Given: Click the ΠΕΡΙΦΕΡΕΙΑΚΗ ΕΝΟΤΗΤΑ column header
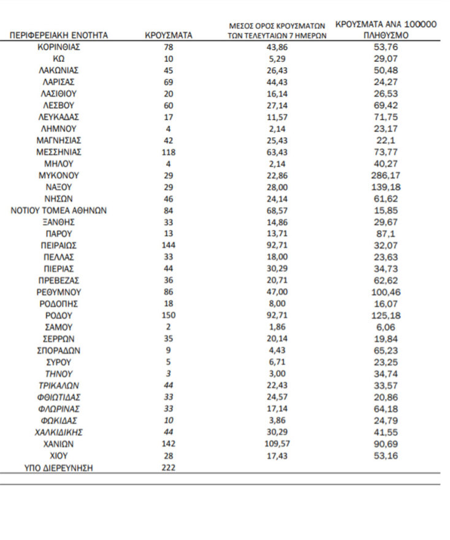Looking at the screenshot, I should pyautogui.click(x=59, y=36).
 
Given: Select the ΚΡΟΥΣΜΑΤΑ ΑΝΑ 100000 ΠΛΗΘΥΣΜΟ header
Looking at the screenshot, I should pyautogui.click(x=386, y=30).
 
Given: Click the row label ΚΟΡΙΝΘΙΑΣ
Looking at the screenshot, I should pyautogui.click(x=59, y=47).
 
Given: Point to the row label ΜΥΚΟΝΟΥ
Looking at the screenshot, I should pyautogui.click(x=59, y=176).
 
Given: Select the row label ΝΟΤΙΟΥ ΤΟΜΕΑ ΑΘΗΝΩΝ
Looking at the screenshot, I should pyautogui.click(x=59, y=211).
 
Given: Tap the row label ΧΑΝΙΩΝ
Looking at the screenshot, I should pyautogui.click(x=59, y=444).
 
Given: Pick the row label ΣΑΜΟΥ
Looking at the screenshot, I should pyautogui.click(x=59, y=328).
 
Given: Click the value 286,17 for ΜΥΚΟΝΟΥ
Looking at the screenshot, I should pyautogui.click(x=386, y=176).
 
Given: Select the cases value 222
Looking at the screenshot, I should pyautogui.click(x=169, y=468).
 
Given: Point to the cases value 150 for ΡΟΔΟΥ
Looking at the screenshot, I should pyautogui.click(x=169, y=316).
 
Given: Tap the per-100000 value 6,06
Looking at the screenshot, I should pyautogui.click(x=386, y=328).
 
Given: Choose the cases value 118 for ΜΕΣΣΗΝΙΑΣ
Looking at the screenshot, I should pyautogui.click(x=169, y=152).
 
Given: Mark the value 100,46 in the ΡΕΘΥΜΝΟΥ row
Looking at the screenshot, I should pyautogui.click(x=386, y=293).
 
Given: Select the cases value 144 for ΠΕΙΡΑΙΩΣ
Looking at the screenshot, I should pyautogui.click(x=169, y=246).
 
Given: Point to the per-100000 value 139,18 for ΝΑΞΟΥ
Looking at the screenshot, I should pyautogui.click(x=386, y=187).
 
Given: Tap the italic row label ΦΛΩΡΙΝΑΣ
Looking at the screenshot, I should pyautogui.click(x=59, y=409).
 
